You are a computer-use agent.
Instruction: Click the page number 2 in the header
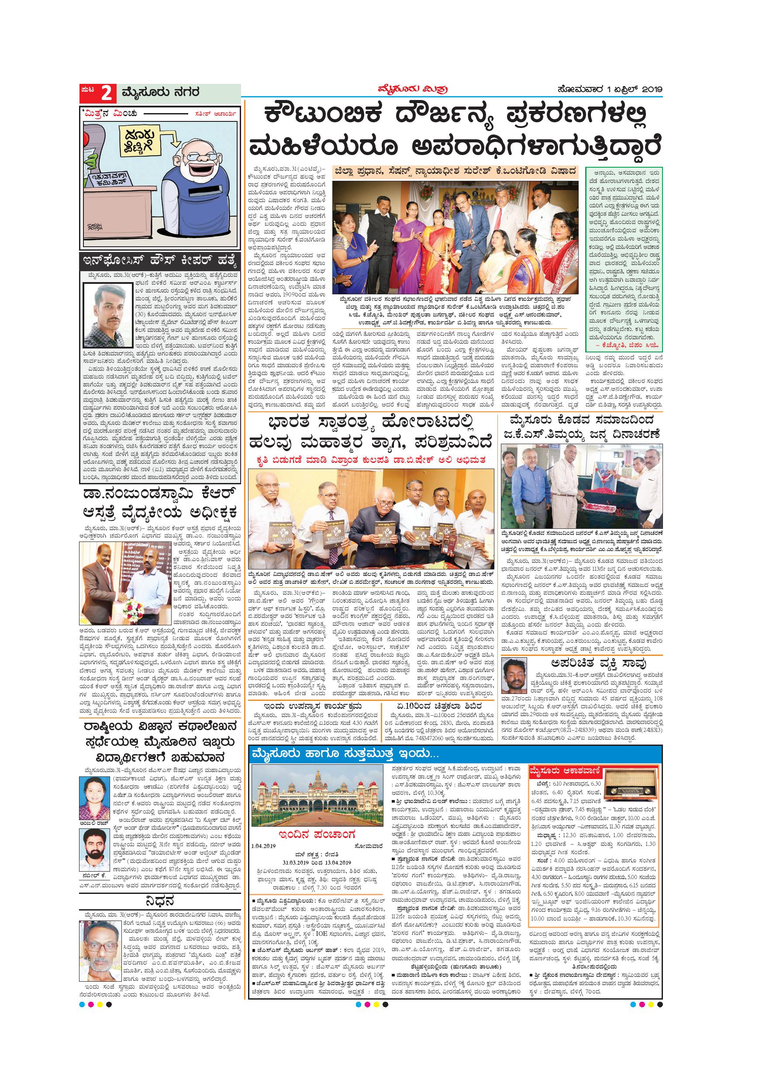(x=106, y=93)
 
